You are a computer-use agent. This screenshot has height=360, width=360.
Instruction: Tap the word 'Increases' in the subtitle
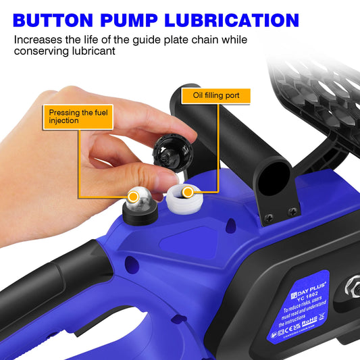pos(38,41)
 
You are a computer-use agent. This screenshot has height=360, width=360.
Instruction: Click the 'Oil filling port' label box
pos(216,95)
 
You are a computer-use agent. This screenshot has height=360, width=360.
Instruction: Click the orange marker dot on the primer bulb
pos(139,197)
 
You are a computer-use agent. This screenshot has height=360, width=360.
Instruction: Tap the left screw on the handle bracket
pos(269,217)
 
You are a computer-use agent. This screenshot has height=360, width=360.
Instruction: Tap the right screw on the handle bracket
pos(292,212)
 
